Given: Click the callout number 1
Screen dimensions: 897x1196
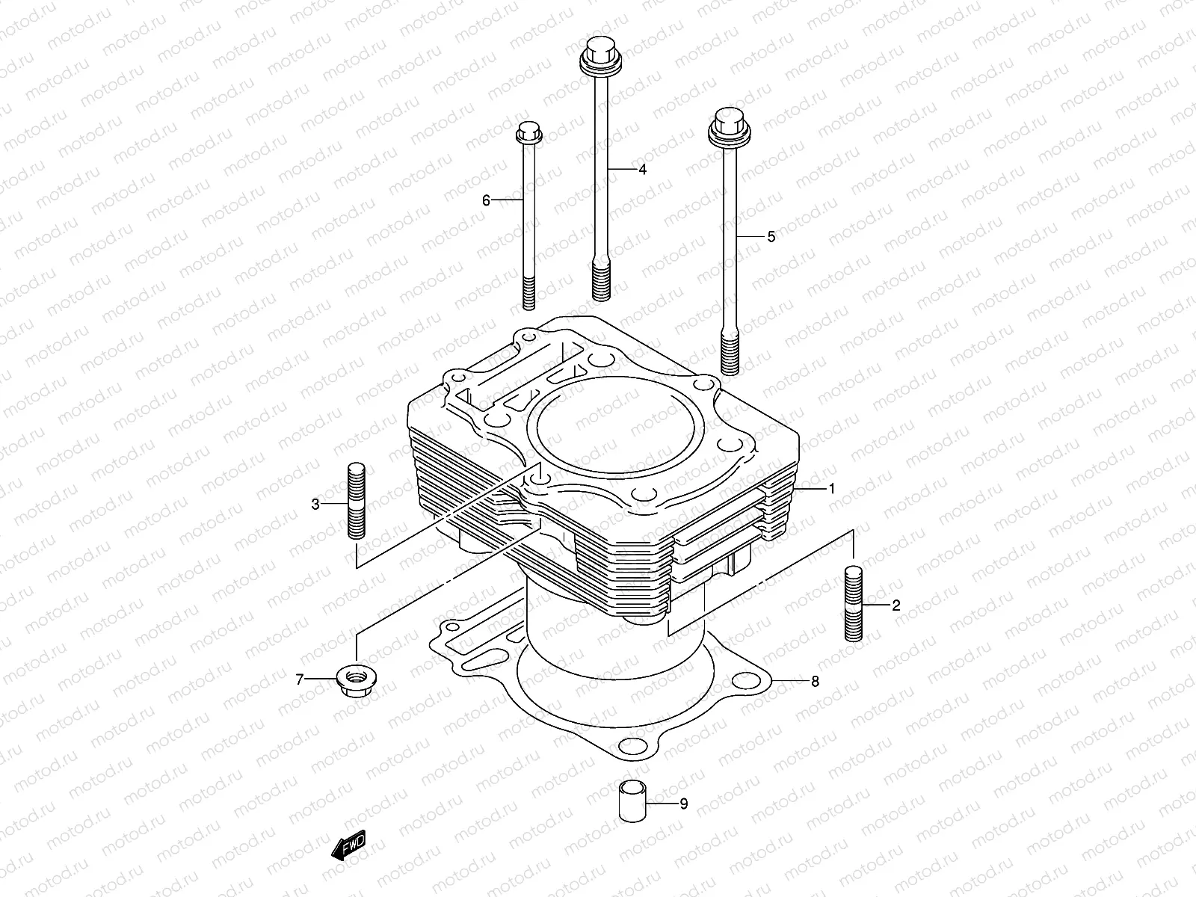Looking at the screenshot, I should point(831,489).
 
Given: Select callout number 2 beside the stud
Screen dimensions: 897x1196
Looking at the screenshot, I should point(896,605).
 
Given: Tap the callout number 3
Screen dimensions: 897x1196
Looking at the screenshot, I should point(315,505).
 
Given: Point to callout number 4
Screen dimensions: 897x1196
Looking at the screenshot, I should point(642,170).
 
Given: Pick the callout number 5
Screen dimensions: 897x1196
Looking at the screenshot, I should point(771,236).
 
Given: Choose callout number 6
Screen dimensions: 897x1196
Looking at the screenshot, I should point(486,200).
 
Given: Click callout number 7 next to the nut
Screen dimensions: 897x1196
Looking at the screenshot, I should point(300,679).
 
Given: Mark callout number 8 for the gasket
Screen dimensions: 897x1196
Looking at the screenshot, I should point(815,681).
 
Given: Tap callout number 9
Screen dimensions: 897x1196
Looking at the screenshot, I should point(683,804).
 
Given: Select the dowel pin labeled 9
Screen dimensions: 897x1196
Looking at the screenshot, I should point(629,801).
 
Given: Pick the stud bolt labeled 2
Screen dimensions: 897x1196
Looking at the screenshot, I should point(854,603).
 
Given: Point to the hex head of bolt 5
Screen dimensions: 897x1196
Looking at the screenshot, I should point(727,125).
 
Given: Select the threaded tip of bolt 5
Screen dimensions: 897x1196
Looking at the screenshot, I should point(730,355).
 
